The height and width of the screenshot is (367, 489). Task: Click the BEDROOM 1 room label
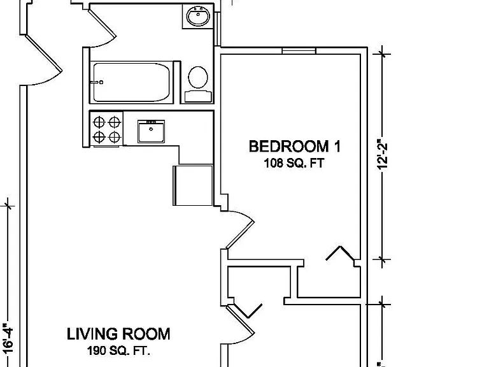tap(294, 147)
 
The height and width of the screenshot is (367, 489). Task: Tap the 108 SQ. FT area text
tap(294, 163)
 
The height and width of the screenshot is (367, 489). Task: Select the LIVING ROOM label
tap(118, 334)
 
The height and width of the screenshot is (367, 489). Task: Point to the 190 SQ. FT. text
tap(118, 351)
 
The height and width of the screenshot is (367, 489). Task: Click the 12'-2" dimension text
tap(382, 154)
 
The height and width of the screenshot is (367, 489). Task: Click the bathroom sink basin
tap(198, 15)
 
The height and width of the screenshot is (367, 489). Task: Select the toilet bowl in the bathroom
tap(198, 77)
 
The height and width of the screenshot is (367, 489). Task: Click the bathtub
tap(132, 82)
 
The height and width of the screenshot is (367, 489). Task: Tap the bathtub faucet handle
tap(97, 82)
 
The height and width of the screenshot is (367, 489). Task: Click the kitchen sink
tap(152, 131)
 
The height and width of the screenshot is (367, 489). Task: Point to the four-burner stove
tap(107, 129)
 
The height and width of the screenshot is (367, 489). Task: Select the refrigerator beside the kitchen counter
tap(193, 185)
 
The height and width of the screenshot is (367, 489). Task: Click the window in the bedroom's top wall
tap(299, 50)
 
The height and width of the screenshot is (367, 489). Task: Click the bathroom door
tap(103, 27)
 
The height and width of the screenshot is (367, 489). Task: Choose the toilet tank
tap(198, 96)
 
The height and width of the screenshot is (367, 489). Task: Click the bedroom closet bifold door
tap(340, 253)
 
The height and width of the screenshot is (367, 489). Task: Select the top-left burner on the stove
tap(99, 122)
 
